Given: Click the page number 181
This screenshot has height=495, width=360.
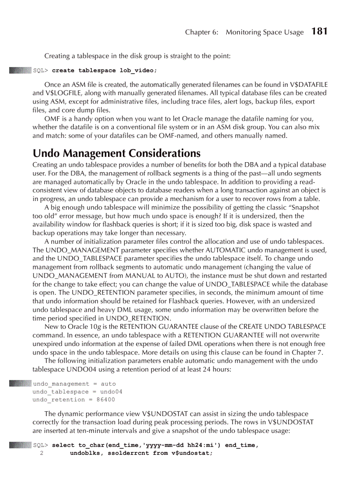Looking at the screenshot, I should point(319,31).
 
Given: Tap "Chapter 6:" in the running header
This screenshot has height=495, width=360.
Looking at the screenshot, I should point(201,32).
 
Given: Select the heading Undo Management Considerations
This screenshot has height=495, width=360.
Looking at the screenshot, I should point(116,153).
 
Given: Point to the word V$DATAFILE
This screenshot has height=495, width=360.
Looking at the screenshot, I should point(308,85).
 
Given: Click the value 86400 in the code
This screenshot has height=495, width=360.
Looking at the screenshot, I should point(105,400).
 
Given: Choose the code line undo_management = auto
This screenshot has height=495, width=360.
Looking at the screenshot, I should point(74,384).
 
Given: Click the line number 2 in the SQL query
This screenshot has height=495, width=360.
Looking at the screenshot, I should point(41,453).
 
